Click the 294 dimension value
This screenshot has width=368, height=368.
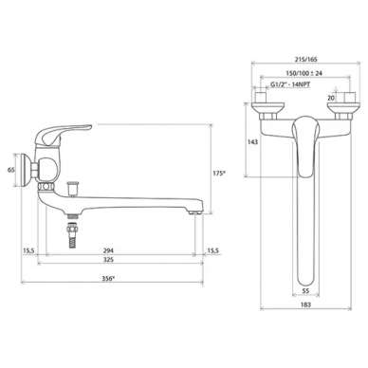[108, 250]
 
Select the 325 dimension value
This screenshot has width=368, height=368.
[108, 260]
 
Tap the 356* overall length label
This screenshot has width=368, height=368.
[108, 279]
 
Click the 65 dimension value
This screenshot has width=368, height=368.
[10, 170]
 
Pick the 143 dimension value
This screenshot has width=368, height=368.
[252, 142]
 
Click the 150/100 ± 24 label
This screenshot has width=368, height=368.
[304, 73]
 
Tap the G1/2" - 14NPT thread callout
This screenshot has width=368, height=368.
[290, 84]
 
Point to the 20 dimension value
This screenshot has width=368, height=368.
[331, 98]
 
